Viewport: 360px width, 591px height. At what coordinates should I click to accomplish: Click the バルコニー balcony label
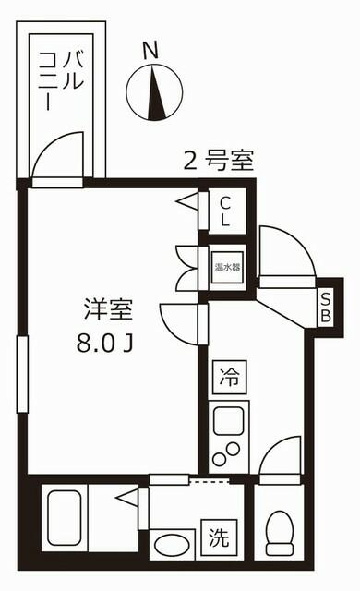(x=61, y=80)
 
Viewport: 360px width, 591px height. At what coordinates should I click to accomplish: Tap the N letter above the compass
(x=150, y=51)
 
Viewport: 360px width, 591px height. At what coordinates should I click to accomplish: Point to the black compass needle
(x=155, y=92)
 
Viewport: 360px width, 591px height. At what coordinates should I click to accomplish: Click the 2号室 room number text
(x=219, y=161)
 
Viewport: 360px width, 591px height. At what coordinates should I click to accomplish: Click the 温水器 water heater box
(x=227, y=267)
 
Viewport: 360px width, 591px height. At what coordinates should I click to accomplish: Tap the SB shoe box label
(x=325, y=308)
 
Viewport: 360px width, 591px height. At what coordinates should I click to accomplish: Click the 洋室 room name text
(x=108, y=308)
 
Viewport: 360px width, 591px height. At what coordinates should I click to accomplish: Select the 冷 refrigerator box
(x=229, y=377)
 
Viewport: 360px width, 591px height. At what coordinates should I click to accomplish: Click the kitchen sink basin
(x=229, y=420)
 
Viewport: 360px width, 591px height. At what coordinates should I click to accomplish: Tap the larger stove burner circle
(x=233, y=449)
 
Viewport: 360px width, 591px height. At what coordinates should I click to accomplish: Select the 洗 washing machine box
(x=219, y=537)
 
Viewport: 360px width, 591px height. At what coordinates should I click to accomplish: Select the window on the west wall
(x=22, y=374)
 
